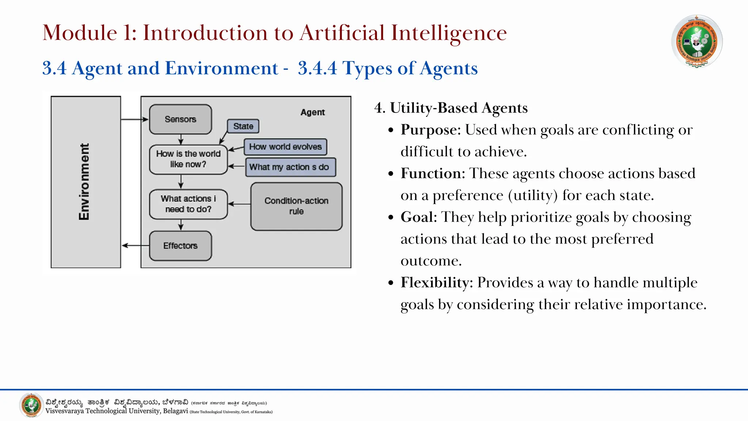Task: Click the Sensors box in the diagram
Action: click(x=180, y=119)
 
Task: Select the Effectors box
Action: click(x=180, y=246)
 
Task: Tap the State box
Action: click(x=243, y=126)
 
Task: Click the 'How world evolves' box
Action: click(x=285, y=147)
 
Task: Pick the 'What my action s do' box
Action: click(x=290, y=167)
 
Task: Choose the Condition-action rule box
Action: click(x=296, y=206)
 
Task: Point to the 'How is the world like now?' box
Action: click(x=188, y=159)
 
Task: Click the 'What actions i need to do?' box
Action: click(x=188, y=204)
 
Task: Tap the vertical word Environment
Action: click(x=84, y=182)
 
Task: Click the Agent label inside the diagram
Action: click(x=313, y=112)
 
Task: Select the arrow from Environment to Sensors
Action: click(x=134, y=119)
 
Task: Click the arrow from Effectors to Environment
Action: click(x=135, y=246)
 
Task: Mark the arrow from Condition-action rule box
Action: click(x=239, y=204)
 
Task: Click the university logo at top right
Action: click(x=697, y=41)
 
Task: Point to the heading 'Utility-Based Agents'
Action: click(x=459, y=108)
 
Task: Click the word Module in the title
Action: click(x=80, y=33)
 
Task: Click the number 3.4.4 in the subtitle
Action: click(x=317, y=68)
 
